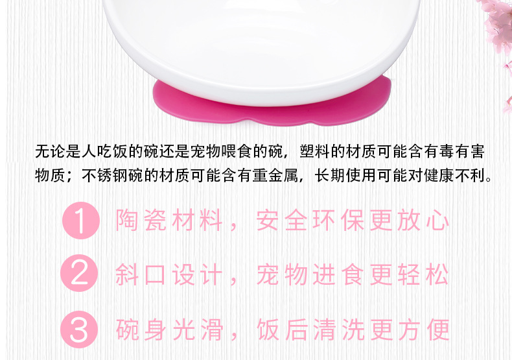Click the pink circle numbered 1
pos(80,221)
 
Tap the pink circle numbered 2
pos(80,274)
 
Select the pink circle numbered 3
pos(80,330)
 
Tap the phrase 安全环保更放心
pos(353,221)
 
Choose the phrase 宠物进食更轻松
pos(353,275)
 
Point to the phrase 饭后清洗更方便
pos(353,330)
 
